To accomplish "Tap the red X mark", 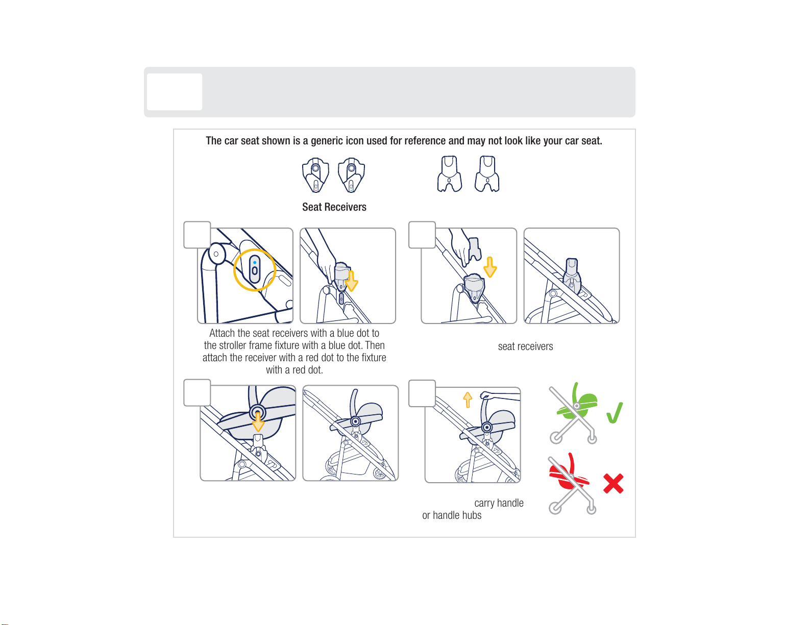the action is pyautogui.click(x=613, y=483).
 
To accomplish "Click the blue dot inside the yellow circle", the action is pyautogui.click(x=255, y=262).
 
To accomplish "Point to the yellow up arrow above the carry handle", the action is pyautogui.click(x=468, y=400).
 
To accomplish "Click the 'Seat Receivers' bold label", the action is pyautogui.click(x=334, y=207).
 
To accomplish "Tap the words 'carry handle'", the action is pyautogui.click(x=499, y=503).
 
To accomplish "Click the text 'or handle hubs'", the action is pyautogui.click(x=452, y=515).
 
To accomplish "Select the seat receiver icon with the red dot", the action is pyautogui.click(x=315, y=175).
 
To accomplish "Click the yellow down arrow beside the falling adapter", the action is pyautogui.click(x=490, y=267).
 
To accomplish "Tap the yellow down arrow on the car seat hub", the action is pyautogui.click(x=258, y=421).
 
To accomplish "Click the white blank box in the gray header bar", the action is pyautogui.click(x=175, y=92).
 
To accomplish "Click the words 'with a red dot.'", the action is pyautogui.click(x=294, y=370).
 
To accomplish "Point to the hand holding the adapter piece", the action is pyautogui.click(x=461, y=247).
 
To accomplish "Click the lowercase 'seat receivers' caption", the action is pyautogui.click(x=525, y=346).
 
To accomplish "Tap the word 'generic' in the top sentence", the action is pyautogui.click(x=327, y=141).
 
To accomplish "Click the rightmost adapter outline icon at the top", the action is pyautogui.click(x=487, y=174).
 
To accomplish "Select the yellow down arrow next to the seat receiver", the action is pyautogui.click(x=351, y=281).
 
